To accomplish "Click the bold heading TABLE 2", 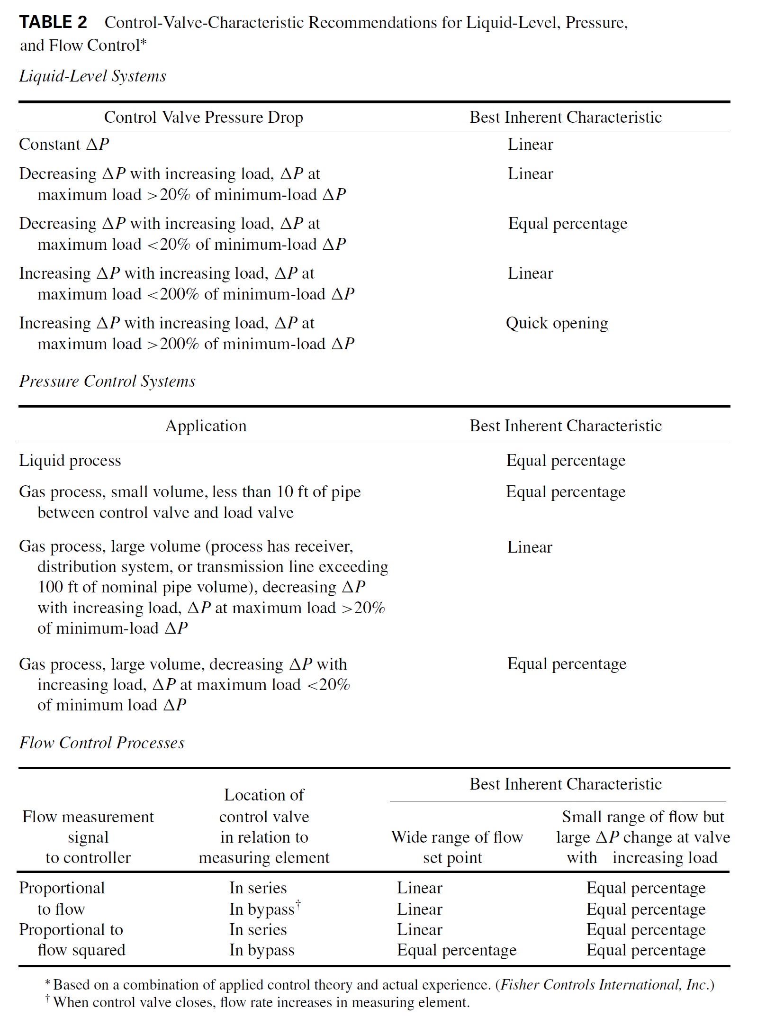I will [53, 22].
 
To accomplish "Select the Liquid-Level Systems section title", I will [92, 76].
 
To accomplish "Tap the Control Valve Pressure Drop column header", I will [203, 117].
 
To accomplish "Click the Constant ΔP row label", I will [64, 144].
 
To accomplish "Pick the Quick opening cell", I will [557, 323].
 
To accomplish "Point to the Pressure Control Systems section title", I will [107, 381].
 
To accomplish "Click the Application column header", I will [206, 426].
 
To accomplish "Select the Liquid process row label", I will [70, 460].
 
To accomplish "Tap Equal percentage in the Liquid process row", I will [566, 460].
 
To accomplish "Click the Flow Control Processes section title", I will [102, 742].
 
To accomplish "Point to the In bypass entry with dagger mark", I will [264, 909].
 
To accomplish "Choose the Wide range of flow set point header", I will [456, 847].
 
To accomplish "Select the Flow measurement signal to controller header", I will [88, 837].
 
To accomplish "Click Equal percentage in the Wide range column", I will [456, 950].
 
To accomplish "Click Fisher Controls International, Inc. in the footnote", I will [603, 984].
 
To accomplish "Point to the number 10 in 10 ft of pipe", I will [285, 491].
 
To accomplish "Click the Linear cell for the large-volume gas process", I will [529, 547].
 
